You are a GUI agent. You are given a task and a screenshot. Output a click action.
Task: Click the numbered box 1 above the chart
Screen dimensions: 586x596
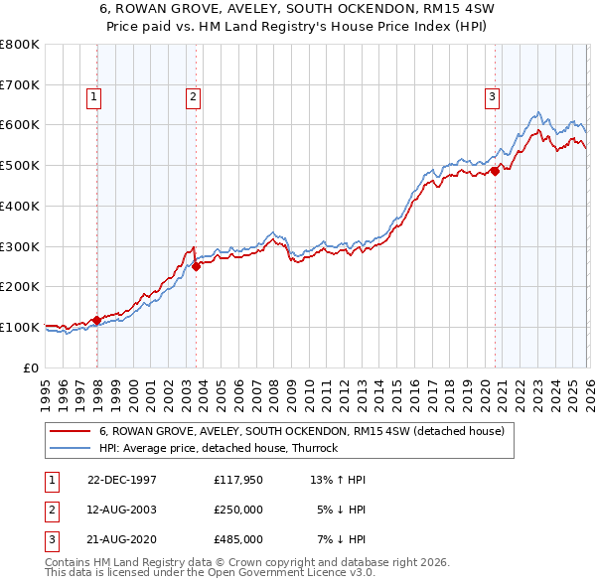(x=92, y=96)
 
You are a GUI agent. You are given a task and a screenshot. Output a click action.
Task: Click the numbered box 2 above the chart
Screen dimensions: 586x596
(x=192, y=96)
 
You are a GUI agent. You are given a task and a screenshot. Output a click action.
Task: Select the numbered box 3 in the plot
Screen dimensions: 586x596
(x=492, y=96)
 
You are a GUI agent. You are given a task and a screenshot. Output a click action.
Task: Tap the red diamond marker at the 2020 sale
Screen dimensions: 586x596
(x=495, y=171)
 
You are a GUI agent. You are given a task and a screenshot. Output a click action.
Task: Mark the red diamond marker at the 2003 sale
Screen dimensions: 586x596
(x=197, y=265)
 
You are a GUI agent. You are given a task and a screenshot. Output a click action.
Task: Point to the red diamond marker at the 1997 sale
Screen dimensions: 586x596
(x=97, y=320)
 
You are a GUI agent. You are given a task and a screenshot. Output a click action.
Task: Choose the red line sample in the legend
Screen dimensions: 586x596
(x=71, y=431)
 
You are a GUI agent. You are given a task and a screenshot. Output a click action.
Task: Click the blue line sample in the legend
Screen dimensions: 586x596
(x=71, y=448)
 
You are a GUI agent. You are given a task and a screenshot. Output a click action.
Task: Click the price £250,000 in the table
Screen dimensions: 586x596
(x=237, y=510)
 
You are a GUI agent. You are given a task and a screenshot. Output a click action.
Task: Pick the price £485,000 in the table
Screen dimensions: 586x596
(x=237, y=539)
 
